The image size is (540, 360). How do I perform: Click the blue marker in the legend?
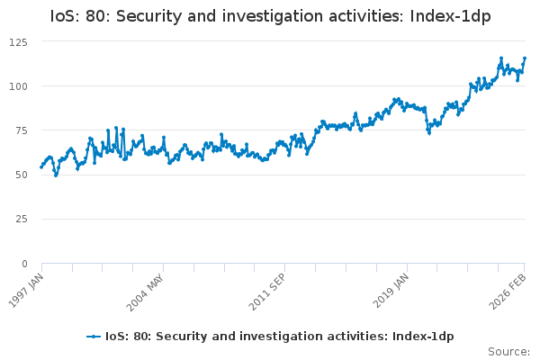[93, 336]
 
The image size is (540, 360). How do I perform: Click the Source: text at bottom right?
[508, 351]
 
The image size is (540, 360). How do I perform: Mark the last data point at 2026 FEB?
[525, 58]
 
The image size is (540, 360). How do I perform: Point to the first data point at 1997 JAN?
[41, 166]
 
